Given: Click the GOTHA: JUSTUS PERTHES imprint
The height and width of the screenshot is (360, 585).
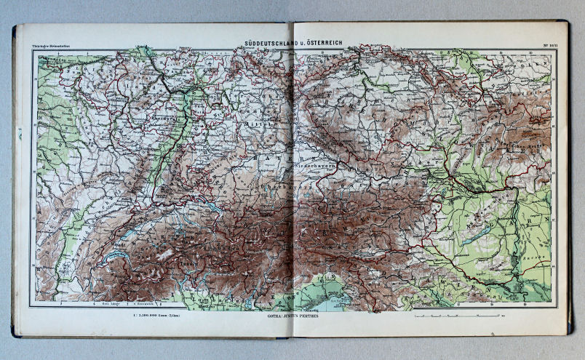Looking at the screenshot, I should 292,317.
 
